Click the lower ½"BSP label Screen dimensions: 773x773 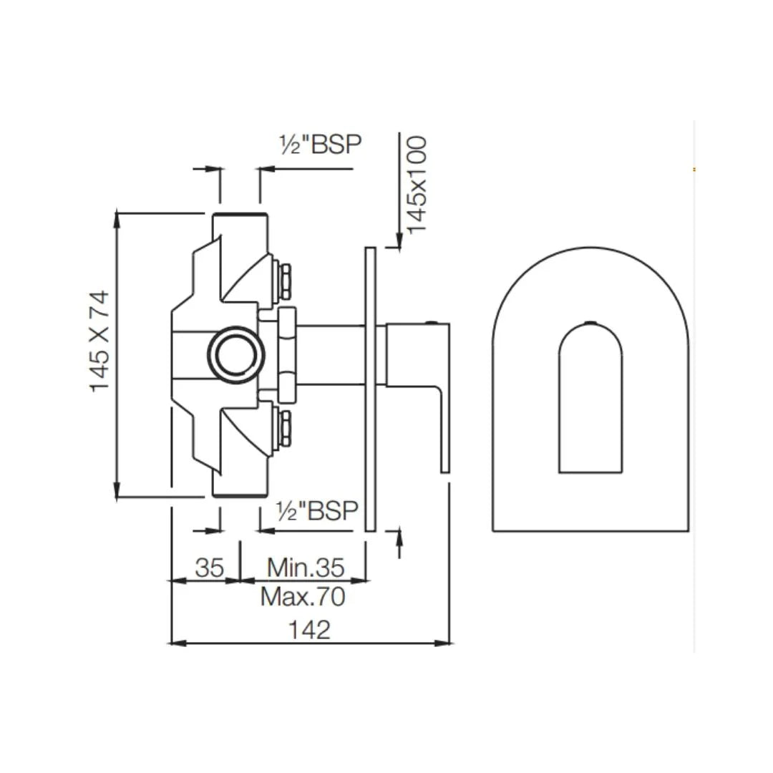pyautogui.click(x=317, y=511)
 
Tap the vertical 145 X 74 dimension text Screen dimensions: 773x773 pyautogui.click(x=99, y=341)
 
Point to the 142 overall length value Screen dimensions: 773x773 pyautogui.click(x=309, y=630)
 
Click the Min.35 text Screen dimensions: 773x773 pyautogui.click(x=306, y=568)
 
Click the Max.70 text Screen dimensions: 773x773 pyautogui.click(x=303, y=595)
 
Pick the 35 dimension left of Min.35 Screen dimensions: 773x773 pyautogui.click(x=210, y=568)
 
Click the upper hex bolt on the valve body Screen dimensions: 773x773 pyautogui.click(x=284, y=281)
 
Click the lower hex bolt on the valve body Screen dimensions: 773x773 pyautogui.click(x=284, y=429)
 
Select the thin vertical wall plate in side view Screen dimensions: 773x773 pyautogui.click(x=370, y=389)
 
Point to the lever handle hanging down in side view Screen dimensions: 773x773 pyautogui.click(x=444, y=429)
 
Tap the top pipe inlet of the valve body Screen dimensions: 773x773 pyautogui.click(x=240, y=223)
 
